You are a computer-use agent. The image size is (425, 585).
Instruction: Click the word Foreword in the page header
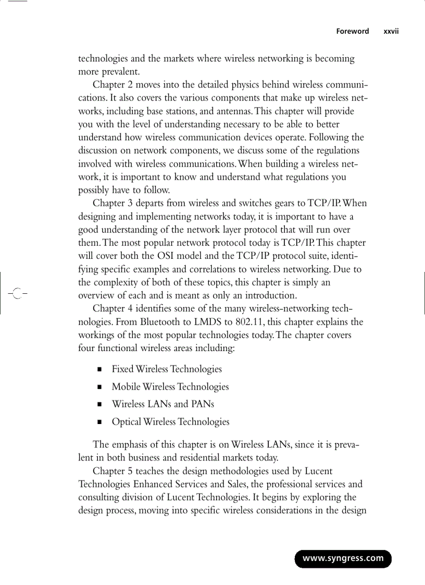point(352,31)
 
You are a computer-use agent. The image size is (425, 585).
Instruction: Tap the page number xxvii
point(391,31)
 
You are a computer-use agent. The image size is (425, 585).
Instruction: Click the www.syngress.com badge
point(343,558)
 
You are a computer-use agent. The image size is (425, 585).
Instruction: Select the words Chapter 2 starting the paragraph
point(115,84)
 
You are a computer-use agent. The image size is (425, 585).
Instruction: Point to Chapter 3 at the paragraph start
point(115,203)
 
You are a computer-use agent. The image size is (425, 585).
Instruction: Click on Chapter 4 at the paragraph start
point(115,308)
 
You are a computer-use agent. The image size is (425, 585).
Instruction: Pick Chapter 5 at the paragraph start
point(115,471)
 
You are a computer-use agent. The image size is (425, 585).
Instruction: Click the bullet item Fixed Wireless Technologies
point(167,369)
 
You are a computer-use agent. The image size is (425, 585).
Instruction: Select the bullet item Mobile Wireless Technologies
point(170,387)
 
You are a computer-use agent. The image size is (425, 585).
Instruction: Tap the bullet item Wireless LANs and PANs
point(162,404)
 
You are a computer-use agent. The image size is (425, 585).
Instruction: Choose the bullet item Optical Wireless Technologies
point(170,422)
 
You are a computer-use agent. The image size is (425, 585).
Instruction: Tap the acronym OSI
point(166,256)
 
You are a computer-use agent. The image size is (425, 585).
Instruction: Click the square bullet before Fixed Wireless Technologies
point(98,370)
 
